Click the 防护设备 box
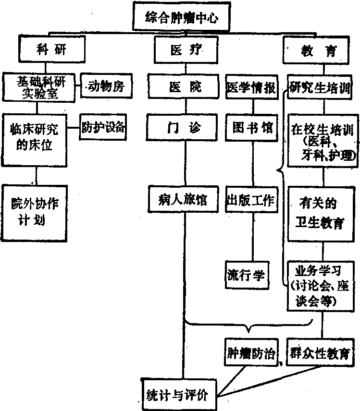[x=103, y=127]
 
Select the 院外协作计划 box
[x=34, y=212]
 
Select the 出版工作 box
[x=250, y=200]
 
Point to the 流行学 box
[x=246, y=275]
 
